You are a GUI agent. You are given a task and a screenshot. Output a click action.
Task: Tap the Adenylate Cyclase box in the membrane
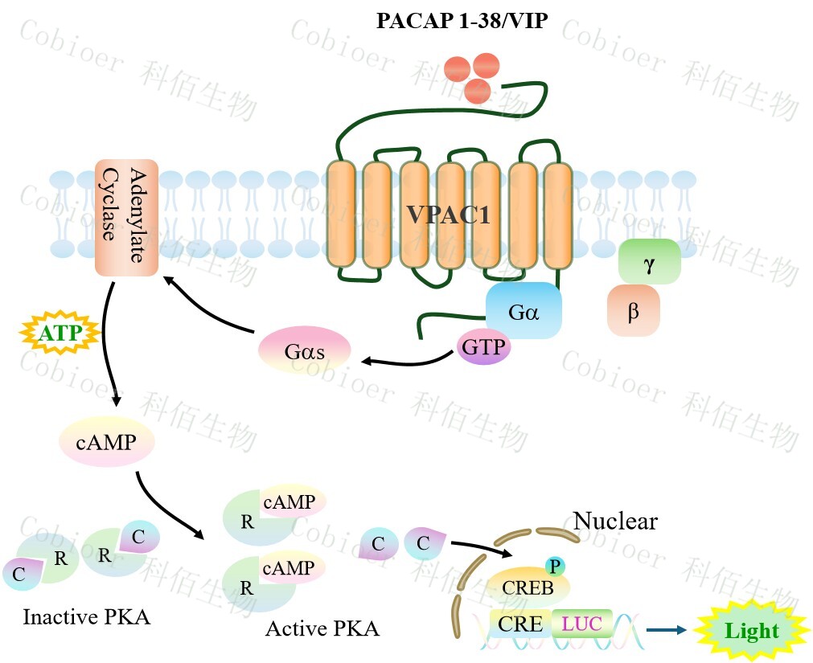pyautogui.click(x=126, y=218)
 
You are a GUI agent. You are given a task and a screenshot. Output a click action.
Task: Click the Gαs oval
pyautogui.click(x=304, y=352)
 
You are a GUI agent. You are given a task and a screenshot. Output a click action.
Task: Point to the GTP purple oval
pyautogui.click(x=482, y=347)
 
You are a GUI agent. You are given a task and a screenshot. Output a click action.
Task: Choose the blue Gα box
pyautogui.click(x=523, y=310)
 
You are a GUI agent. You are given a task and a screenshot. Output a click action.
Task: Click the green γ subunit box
pyautogui.click(x=649, y=261)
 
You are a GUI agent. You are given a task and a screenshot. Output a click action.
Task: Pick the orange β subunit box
pyautogui.click(x=634, y=309)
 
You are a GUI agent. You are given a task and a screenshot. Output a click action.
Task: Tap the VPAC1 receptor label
pyautogui.click(x=448, y=215)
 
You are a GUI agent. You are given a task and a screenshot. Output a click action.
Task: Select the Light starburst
pyautogui.click(x=752, y=629)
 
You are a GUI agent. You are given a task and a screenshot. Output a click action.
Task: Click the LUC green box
pyautogui.click(x=581, y=624)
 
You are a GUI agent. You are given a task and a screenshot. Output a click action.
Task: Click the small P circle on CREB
pyautogui.click(x=554, y=566)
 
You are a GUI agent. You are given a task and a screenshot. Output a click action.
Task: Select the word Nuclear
pyautogui.click(x=615, y=522)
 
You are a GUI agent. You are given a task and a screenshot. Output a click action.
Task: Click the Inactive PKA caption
pyautogui.click(x=86, y=617)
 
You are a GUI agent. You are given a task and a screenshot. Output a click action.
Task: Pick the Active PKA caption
pyautogui.click(x=322, y=628)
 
